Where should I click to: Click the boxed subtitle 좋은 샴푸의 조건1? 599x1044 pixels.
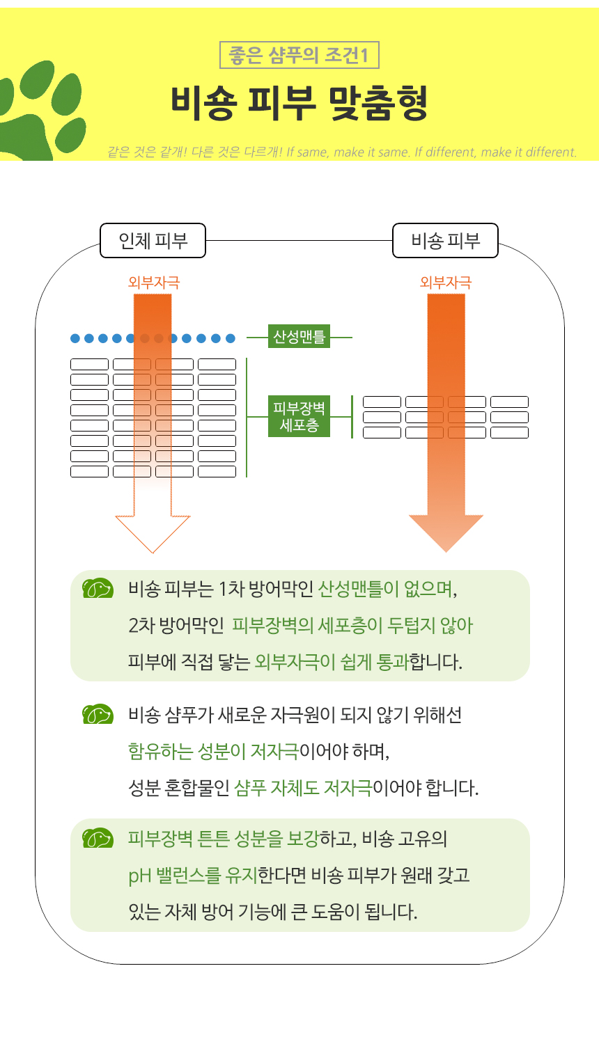pos(299,55)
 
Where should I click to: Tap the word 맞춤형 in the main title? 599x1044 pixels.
pos(378,103)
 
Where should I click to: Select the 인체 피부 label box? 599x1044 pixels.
pos(153,241)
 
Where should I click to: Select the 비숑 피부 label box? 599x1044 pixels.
pos(446,241)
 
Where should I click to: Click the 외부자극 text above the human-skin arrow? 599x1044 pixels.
pos(154,283)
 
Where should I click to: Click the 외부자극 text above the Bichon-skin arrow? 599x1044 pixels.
pos(446,283)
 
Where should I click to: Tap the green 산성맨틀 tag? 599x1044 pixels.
pos(299,336)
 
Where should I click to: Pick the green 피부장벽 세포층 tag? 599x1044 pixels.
pos(299,416)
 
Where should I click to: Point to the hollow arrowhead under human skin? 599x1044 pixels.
pos(153,534)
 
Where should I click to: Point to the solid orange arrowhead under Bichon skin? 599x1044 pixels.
pos(446,533)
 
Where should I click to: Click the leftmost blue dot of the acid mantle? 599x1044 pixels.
pos(75,338)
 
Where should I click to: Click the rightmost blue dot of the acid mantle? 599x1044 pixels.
pos(231,338)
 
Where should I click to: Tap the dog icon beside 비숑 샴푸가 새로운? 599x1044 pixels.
pos(98,714)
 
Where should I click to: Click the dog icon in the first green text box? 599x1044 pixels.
pos(98,588)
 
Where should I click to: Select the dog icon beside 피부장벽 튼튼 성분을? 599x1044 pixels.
pos(98,838)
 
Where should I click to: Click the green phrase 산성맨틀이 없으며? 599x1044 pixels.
pos(387,589)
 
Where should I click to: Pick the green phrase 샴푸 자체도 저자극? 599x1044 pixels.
pos(303,788)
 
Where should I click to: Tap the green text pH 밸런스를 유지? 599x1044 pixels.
pos(193,876)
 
